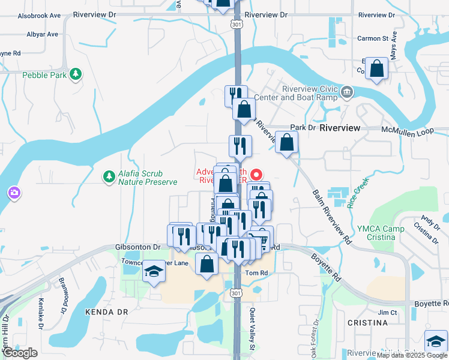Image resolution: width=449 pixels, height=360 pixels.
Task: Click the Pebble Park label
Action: tap(44, 75)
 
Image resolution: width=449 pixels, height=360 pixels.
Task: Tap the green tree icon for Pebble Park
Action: tap(76, 74)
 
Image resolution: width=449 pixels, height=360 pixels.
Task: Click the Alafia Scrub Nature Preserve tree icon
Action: tap(109, 177)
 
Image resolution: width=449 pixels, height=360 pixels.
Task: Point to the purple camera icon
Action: tap(14, 193)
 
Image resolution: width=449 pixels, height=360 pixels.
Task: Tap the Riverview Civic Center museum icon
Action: tap(347, 92)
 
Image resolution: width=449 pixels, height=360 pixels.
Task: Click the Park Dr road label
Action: tap(303, 128)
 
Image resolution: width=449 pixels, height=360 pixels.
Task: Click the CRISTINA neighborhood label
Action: tap(367, 323)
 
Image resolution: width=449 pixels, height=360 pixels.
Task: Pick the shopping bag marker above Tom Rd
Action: tap(207, 264)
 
